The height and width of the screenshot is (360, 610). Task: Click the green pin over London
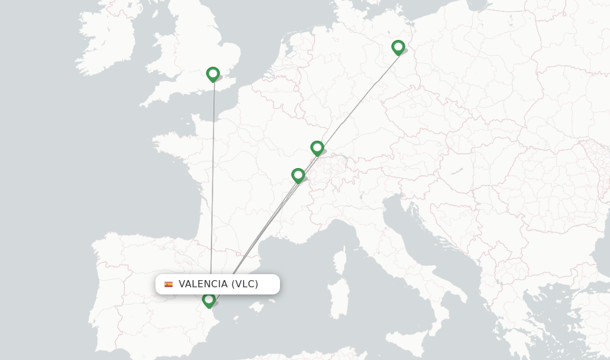coord(213,74)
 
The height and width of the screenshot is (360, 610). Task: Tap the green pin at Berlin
coord(398,47)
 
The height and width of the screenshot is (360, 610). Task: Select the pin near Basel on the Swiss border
coord(317,147)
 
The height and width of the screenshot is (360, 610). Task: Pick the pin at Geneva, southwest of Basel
coord(298,175)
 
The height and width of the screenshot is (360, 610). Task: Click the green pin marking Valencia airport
coord(208,300)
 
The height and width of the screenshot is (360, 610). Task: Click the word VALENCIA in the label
coord(203,284)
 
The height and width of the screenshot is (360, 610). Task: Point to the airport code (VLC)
coord(245,284)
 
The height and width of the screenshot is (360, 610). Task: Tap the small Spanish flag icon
coord(169,284)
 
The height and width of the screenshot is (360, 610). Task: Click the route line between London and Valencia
coord(213,179)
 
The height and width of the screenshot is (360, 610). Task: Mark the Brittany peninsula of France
coord(173,144)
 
